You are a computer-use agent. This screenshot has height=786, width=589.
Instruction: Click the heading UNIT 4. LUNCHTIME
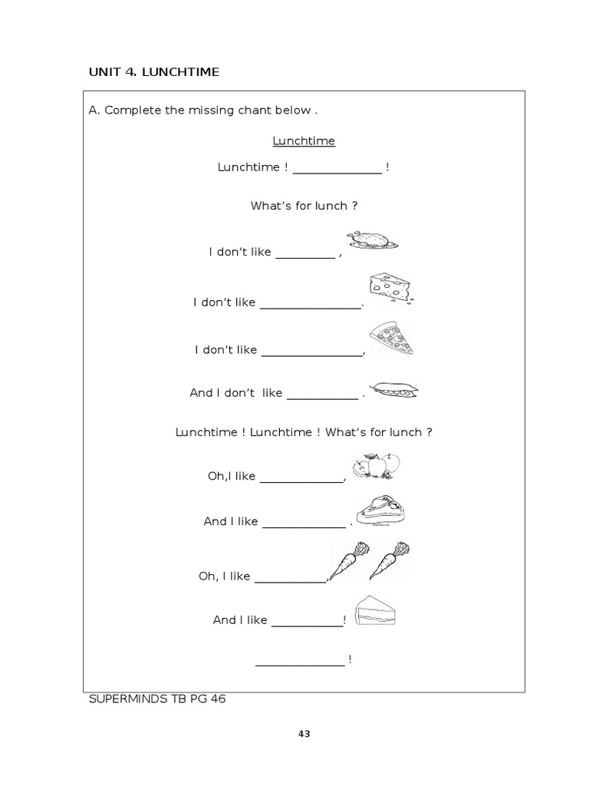pos(154,72)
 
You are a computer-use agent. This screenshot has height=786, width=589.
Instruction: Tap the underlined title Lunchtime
pos(304,141)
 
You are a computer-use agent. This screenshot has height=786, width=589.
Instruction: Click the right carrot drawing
pos(390,561)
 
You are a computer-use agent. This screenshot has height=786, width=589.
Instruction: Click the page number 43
pos(304,734)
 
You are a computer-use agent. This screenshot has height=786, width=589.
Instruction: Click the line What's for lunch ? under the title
pos(304,206)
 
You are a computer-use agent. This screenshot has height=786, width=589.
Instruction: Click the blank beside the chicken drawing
pos(305,256)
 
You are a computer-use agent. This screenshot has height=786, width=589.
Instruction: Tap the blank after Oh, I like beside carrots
pos(290,580)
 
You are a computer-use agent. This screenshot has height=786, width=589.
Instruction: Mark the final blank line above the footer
pos(300,664)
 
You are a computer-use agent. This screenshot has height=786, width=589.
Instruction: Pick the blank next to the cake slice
pos(308,625)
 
